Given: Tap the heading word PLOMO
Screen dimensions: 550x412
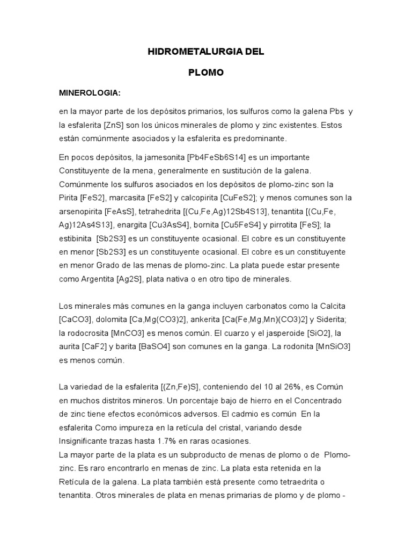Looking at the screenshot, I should [206, 73].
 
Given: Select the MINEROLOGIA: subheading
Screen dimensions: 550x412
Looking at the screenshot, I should [90, 93].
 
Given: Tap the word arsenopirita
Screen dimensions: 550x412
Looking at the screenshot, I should [83, 211].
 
